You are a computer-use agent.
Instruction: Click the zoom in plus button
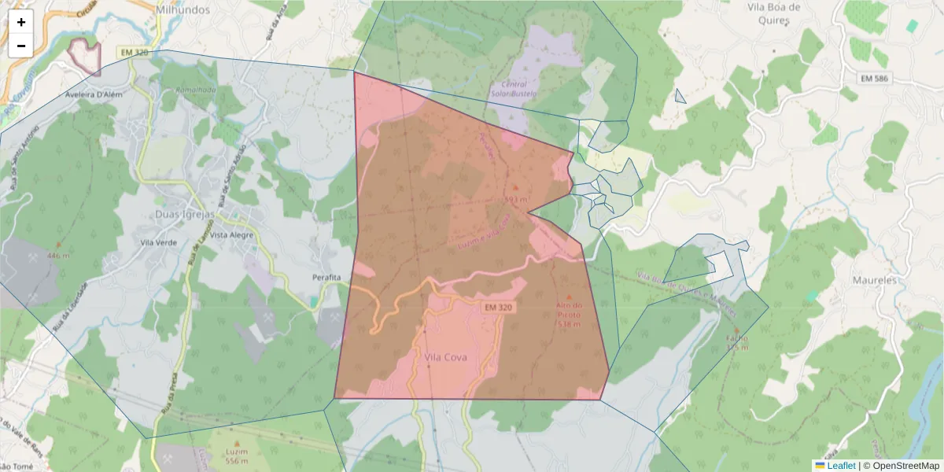(21, 22)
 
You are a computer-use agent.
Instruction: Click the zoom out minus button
(21, 46)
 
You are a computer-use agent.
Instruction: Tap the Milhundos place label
(183, 10)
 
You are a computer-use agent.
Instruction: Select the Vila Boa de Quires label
(774, 13)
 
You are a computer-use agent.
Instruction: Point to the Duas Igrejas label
(186, 213)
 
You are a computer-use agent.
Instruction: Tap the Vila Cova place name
(445, 357)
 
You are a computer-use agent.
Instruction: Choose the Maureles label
(874, 280)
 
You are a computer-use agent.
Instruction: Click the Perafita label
(326, 278)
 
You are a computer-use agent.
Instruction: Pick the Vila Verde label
(158, 243)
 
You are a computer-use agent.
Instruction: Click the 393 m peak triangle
(515, 187)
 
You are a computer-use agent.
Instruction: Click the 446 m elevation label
(58, 256)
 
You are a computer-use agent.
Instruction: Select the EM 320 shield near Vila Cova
(498, 307)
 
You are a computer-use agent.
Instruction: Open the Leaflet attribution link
(840, 466)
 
